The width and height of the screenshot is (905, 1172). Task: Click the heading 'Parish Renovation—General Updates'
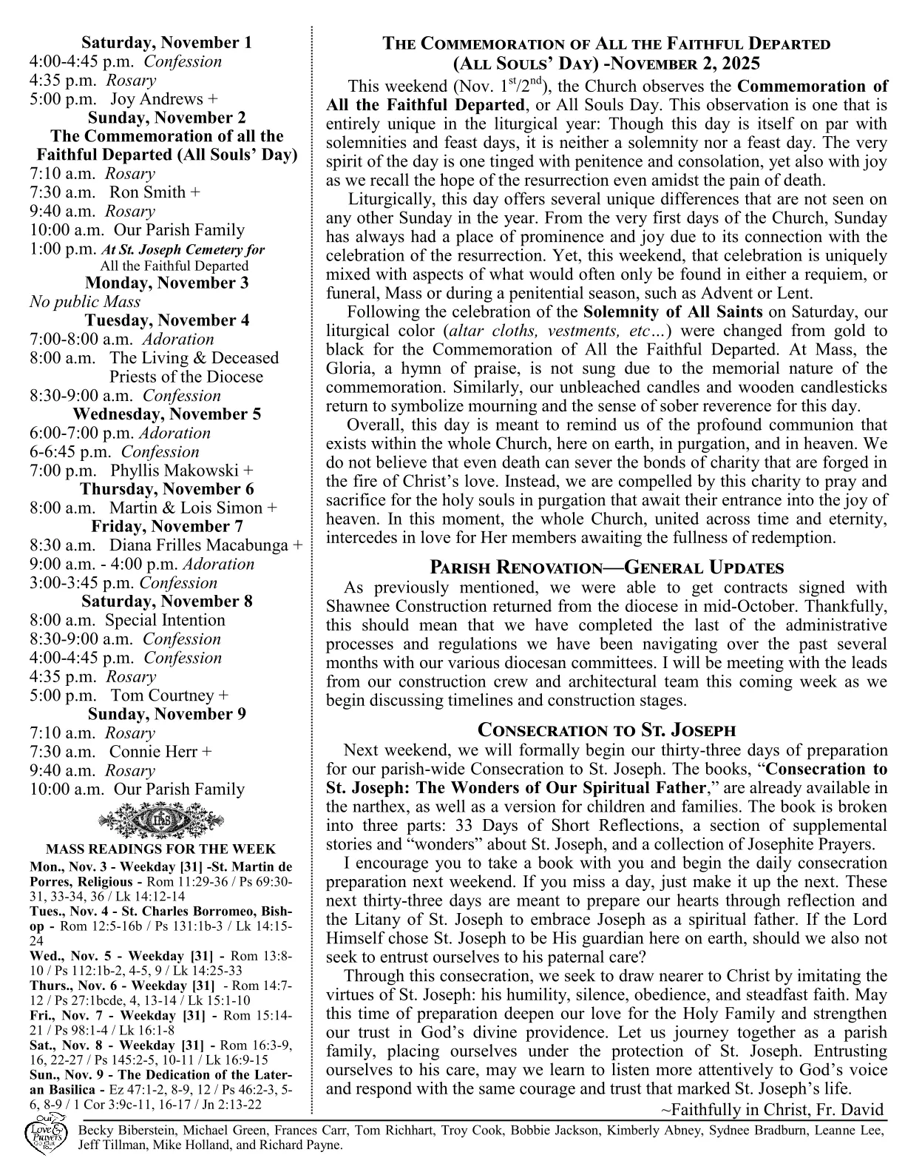[x=606, y=568]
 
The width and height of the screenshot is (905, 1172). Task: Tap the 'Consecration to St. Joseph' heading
[x=606, y=730]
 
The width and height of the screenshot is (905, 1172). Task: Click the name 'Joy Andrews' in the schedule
[x=158, y=99]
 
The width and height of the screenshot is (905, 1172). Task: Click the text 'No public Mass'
[x=85, y=302]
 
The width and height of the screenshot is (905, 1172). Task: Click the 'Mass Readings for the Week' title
[x=160, y=849]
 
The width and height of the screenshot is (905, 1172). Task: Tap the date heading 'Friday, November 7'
[x=166, y=527]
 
